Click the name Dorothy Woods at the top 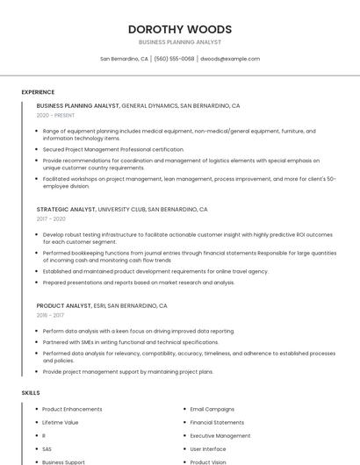(180, 29)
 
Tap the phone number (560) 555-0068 (175, 59)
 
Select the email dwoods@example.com (230, 59)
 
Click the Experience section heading (38, 92)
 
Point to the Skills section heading (31, 393)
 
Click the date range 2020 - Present (55, 115)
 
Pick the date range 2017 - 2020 (51, 219)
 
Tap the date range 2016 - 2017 (50, 315)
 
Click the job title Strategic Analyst (66, 210)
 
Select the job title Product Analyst (64, 305)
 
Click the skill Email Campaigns (212, 409)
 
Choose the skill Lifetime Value (60, 422)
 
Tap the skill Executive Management (220, 435)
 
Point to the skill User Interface (208, 448)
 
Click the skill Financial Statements (217, 422)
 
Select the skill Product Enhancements (72, 409)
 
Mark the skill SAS (47, 448)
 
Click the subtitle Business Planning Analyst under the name (180, 42)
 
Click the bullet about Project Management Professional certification (113, 149)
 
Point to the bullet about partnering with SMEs (130, 342)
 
